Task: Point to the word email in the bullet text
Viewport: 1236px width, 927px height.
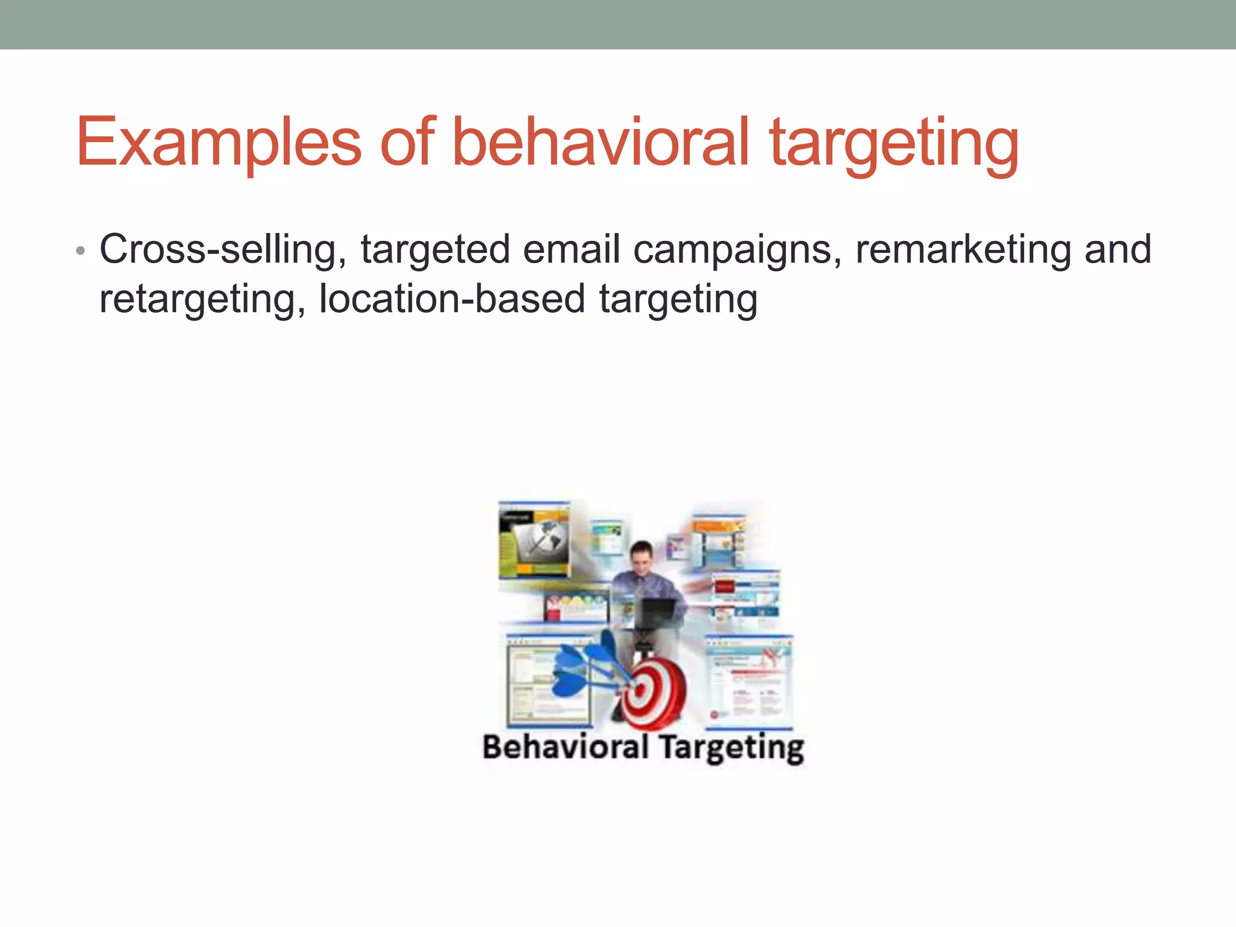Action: [x=571, y=249]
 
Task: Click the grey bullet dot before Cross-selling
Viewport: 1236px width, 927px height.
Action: [x=80, y=251]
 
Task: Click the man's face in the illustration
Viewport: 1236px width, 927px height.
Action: [x=641, y=555]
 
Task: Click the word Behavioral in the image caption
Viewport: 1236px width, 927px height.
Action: [x=565, y=747]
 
